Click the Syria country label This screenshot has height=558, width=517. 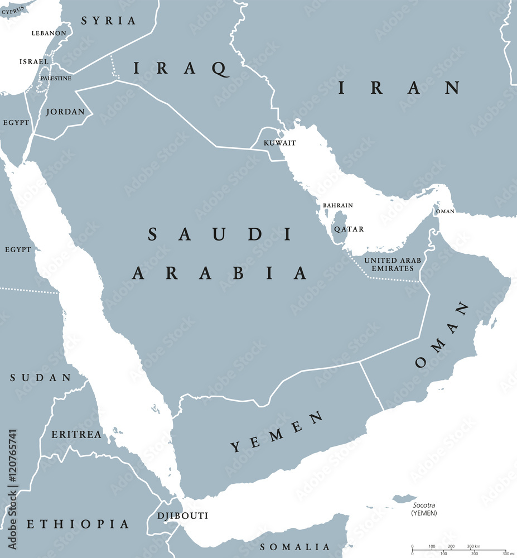click(x=108, y=21)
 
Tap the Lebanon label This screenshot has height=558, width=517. click(x=49, y=33)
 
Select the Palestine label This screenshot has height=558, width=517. click(x=56, y=78)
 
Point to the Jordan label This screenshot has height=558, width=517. click(x=65, y=112)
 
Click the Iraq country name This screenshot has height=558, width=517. click(x=181, y=69)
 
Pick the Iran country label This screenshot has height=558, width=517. click(x=399, y=87)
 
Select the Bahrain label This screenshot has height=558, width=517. click(x=338, y=205)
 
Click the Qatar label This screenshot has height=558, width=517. click(x=349, y=229)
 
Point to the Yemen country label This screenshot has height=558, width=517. click(x=277, y=431)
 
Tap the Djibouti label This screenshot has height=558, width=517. click(x=182, y=516)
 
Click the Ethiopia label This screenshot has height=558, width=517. click(x=78, y=524)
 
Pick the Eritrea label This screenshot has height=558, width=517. click(x=76, y=434)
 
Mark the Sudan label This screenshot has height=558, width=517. click(x=41, y=378)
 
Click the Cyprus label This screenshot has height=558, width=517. click(x=13, y=8)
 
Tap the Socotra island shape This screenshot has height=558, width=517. click(x=405, y=498)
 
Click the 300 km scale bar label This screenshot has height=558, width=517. click(x=473, y=546)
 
